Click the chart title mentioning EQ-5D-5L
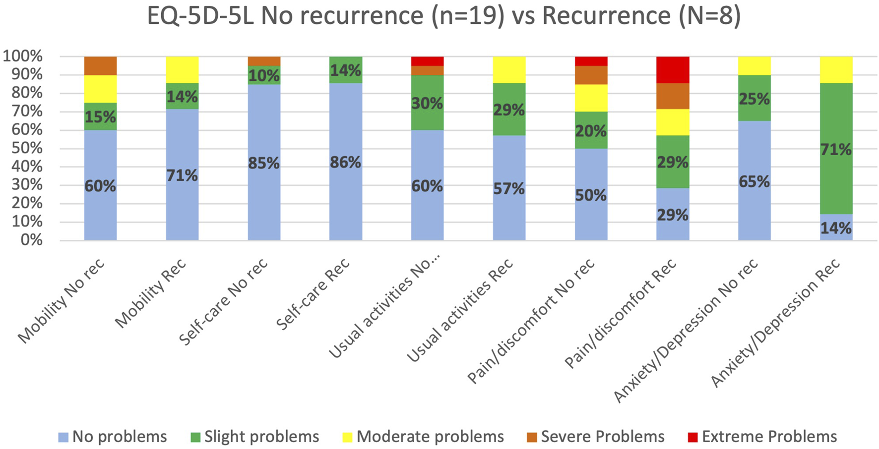tap(444, 16)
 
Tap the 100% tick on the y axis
tap(23, 56)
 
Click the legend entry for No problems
tap(113, 437)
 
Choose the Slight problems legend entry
tap(255, 437)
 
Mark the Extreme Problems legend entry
tap(762, 437)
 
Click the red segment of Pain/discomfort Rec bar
tap(673, 69)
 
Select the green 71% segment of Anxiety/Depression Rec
tap(836, 149)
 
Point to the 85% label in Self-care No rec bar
tap(264, 163)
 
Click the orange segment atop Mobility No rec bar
tap(100, 65)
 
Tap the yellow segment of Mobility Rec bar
tap(182, 69)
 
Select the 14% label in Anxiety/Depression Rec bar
tap(836, 228)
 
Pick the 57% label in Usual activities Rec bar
tap(509, 188)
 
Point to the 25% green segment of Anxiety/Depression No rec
tap(754, 98)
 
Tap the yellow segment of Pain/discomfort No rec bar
tap(591, 98)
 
